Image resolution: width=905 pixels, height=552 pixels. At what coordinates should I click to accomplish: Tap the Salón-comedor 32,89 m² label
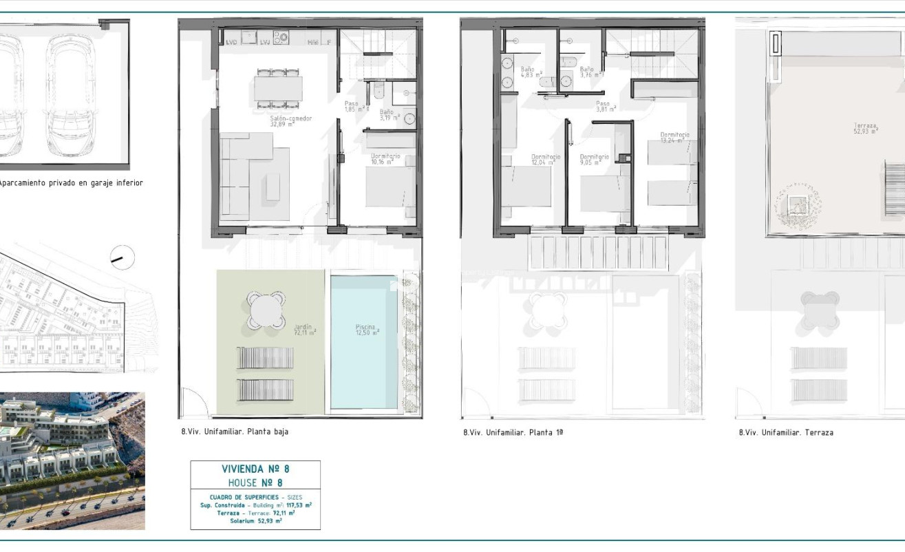click(x=290, y=121)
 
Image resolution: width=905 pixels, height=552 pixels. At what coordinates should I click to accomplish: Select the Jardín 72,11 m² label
click(x=304, y=330)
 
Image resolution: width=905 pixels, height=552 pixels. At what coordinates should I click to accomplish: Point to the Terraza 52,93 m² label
click(x=865, y=128)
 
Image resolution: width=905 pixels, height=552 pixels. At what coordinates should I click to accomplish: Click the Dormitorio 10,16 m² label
click(x=385, y=159)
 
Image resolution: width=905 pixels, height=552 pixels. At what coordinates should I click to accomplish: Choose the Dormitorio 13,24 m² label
click(x=674, y=137)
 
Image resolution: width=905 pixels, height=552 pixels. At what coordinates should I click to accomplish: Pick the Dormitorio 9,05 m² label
click(x=594, y=160)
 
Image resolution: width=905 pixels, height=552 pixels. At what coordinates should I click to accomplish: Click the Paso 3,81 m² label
click(x=605, y=106)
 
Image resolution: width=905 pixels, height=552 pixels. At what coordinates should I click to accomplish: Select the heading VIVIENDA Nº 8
click(x=255, y=469)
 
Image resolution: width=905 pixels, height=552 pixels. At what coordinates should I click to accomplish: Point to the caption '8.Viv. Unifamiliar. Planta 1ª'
click(x=513, y=433)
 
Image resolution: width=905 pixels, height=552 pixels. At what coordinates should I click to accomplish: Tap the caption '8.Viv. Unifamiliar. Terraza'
click(x=785, y=433)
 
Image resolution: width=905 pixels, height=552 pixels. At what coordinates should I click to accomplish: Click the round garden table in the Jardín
click(x=266, y=310)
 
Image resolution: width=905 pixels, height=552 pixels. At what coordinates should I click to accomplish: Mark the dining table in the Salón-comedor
click(x=278, y=88)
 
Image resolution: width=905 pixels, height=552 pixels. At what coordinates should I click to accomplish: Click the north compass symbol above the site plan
click(x=122, y=258)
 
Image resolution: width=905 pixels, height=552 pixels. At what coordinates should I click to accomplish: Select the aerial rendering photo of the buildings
click(x=72, y=460)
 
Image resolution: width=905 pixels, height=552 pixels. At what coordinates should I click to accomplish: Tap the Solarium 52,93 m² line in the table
click(x=255, y=521)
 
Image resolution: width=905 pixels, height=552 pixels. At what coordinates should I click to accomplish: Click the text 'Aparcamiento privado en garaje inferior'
click(x=70, y=183)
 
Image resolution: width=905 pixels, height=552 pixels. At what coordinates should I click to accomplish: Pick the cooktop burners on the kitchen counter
click(x=281, y=37)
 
